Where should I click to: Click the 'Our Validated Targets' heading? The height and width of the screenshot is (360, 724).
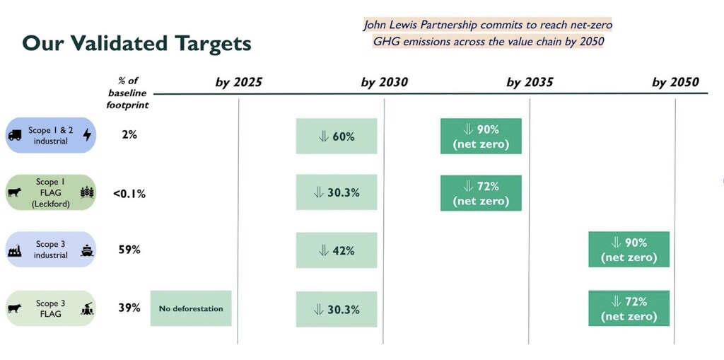tap(136, 43)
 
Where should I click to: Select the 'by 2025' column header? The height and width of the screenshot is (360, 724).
tap(239, 82)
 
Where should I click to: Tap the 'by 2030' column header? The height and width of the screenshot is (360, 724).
tap(384, 82)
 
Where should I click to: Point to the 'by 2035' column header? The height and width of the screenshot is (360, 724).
tap(530, 82)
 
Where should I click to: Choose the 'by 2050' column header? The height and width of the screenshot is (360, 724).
tap(675, 82)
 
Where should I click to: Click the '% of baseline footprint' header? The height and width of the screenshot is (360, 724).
tap(128, 93)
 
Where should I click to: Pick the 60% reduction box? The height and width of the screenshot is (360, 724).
tap(337, 136)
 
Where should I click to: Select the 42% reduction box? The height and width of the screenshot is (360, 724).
tap(337, 250)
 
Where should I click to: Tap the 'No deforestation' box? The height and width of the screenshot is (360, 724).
tap(191, 308)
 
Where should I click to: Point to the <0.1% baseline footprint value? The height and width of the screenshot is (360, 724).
tap(129, 193)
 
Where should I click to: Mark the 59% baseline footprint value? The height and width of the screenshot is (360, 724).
tap(129, 250)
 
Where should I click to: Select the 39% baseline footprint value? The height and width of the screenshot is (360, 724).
tap(129, 308)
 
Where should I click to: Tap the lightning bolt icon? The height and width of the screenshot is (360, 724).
tap(87, 134)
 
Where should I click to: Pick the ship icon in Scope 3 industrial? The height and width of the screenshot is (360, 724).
tap(86, 250)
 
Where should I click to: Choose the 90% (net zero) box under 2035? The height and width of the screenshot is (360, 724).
tap(481, 136)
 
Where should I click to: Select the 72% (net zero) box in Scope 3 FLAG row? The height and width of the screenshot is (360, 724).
tap(629, 308)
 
